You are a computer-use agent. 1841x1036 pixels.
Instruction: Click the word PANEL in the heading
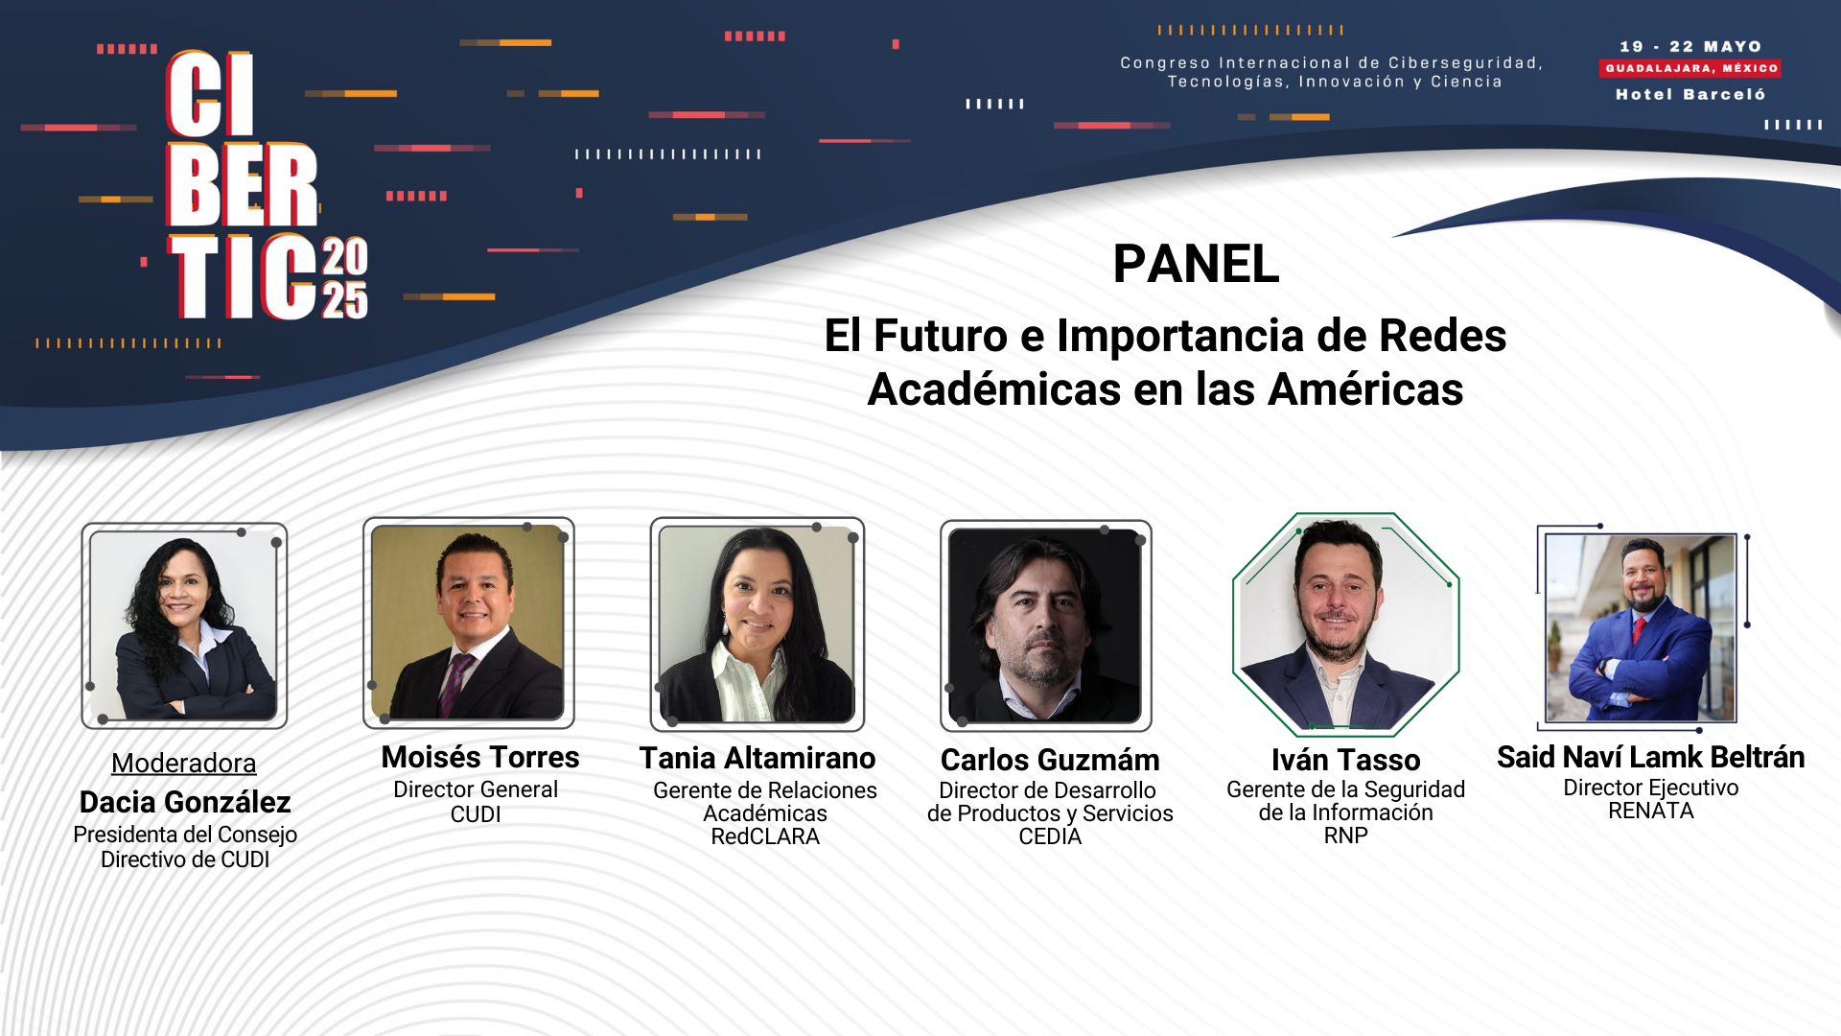click(x=1196, y=264)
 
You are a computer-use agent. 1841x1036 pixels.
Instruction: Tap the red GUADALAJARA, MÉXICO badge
click(x=1690, y=68)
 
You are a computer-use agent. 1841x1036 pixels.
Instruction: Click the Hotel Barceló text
click(x=1690, y=94)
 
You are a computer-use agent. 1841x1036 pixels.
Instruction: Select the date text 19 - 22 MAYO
click(x=1690, y=46)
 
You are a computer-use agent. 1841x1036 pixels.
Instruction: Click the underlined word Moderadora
click(x=184, y=763)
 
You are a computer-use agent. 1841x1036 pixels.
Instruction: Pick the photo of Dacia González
click(x=184, y=625)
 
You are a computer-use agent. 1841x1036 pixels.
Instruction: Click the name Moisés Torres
click(x=480, y=757)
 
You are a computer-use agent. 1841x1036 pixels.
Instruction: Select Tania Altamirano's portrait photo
click(x=757, y=624)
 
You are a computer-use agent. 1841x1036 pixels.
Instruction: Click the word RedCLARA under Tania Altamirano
click(x=765, y=836)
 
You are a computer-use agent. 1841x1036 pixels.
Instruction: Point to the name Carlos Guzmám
click(x=1050, y=760)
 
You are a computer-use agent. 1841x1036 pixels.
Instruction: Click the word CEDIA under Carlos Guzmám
click(x=1050, y=836)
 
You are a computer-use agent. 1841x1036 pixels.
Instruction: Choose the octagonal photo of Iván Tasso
click(x=1346, y=624)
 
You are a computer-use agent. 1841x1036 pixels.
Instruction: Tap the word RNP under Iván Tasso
click(x=1346, y=836)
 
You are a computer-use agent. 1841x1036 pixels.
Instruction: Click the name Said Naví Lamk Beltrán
click(x=1651, y=757)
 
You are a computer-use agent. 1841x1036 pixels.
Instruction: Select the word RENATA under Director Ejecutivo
click(x=1651, y=811)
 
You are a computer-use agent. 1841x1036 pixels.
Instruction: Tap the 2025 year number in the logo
click(x=344, y=277)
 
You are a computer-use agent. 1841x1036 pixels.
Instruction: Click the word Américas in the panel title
click(x=1365, y=389)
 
